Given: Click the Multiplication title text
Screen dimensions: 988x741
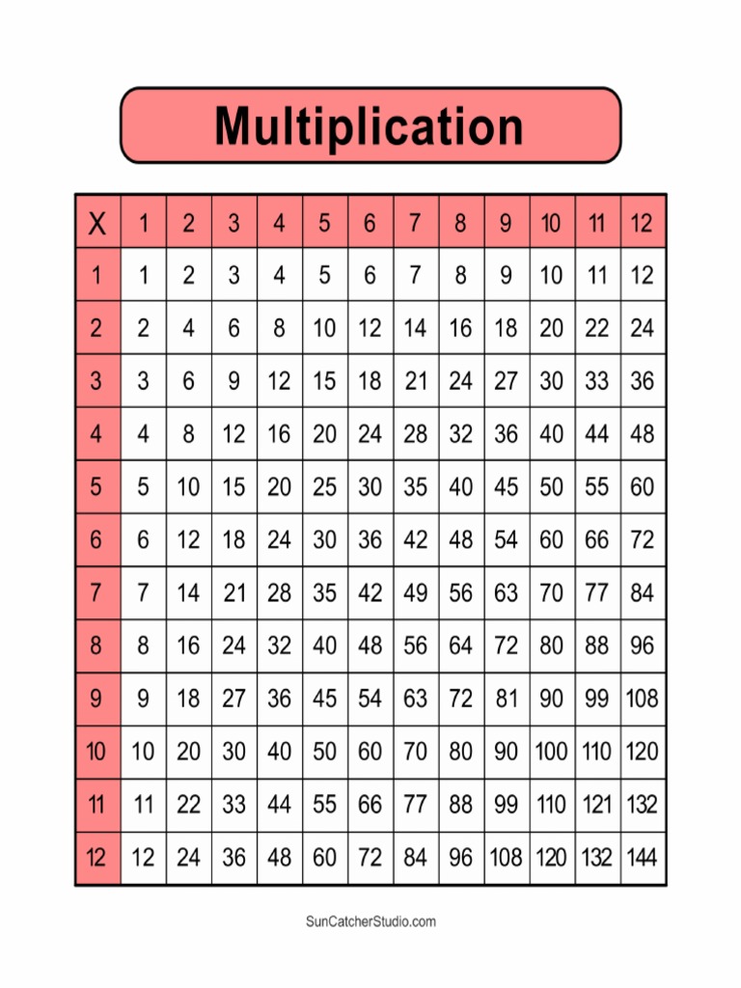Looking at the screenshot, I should click(x=370, y=126).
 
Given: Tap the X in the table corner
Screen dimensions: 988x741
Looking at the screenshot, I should click(x=96, y=224).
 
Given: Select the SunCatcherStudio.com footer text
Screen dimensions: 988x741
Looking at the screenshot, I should click(x=370, y=921).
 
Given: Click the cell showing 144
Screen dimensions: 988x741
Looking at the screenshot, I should click(x=643, y=857).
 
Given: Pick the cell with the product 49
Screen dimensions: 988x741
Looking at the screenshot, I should click(x=416, y=592).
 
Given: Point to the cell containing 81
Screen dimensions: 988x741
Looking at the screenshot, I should click(x=507, y=699).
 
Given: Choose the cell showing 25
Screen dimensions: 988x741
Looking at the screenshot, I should click(x=325, y=486).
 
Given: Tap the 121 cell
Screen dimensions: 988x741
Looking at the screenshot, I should click(x=597, y=804).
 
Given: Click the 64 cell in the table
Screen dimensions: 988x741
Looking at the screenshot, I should click(x=461, y=645).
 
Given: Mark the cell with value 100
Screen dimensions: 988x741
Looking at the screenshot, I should click(x=552, y=751).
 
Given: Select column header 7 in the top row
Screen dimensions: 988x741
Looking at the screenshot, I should click(x=416, y=224).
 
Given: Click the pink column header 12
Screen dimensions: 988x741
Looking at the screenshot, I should click(x=643, y=224).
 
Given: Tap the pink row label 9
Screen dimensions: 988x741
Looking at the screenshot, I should click(x=96, y=699).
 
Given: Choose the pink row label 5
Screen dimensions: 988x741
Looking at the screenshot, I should click(x=96, y=486).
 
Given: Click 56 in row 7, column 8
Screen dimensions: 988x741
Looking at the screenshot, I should click(x=461, y=592).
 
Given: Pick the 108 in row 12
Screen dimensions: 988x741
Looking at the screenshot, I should click(x=507, y=857).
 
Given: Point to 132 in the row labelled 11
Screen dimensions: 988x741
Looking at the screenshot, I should click(x=643, y=804).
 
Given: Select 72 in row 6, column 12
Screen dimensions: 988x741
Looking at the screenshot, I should click(x=643, y=539).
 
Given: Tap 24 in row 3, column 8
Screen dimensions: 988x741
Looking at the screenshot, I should click(x=461, y=381).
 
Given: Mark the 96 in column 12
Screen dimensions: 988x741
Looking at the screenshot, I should click(x=643, y=645).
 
